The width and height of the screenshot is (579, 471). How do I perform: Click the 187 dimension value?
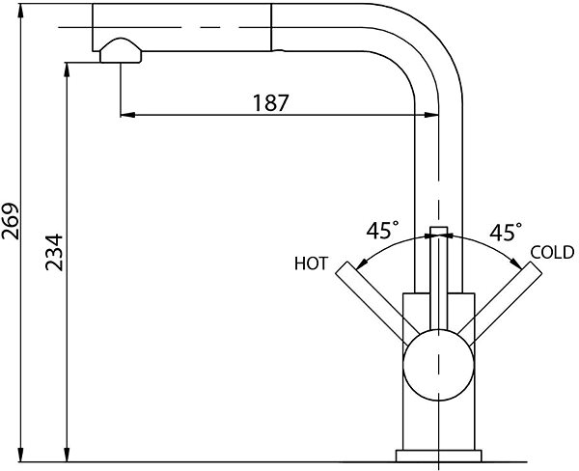coord(270,102)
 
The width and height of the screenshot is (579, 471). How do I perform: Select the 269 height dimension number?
coord(11,221)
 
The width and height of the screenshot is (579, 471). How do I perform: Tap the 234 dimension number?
coord(54,252)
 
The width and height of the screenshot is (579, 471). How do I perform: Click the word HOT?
coord(311,263)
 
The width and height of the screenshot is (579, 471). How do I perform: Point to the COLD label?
coord(552,252)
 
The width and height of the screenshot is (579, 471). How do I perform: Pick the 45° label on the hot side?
coord(382,231)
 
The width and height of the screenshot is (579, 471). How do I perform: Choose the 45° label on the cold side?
coord(506,232)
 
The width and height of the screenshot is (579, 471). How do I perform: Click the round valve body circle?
coord(438,365)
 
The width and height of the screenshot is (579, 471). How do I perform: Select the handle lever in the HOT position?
coord(372,304)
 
